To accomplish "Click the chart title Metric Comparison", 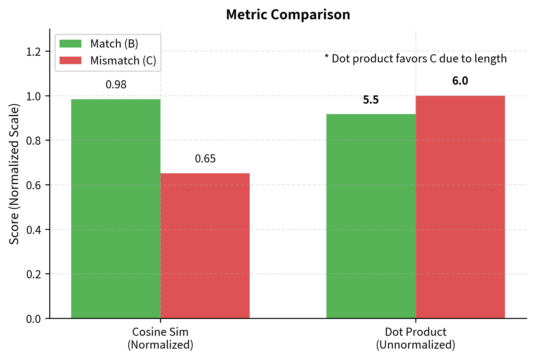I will point(288,15).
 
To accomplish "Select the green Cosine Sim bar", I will point(116,209).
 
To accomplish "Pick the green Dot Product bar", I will point(371,216).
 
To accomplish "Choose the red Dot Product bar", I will point(460,207).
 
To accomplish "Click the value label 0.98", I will point(116,85).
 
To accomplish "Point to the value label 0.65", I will point(205,159).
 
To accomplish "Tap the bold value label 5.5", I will point(371,100).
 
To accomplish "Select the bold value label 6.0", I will point(460,81).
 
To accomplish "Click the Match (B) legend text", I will point(114,44).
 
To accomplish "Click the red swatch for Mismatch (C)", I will point(70,60).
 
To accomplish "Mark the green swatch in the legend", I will point(70,44).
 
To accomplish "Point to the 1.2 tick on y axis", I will point(34,52).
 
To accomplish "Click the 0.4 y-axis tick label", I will point(34,230).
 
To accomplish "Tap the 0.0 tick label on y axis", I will point(34,319).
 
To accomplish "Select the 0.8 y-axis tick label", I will point(34,141).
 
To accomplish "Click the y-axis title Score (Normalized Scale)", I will point(14,174).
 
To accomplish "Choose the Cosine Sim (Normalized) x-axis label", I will point(160,338).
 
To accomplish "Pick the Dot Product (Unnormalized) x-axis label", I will point(415,338).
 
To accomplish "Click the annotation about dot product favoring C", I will point(415,59).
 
